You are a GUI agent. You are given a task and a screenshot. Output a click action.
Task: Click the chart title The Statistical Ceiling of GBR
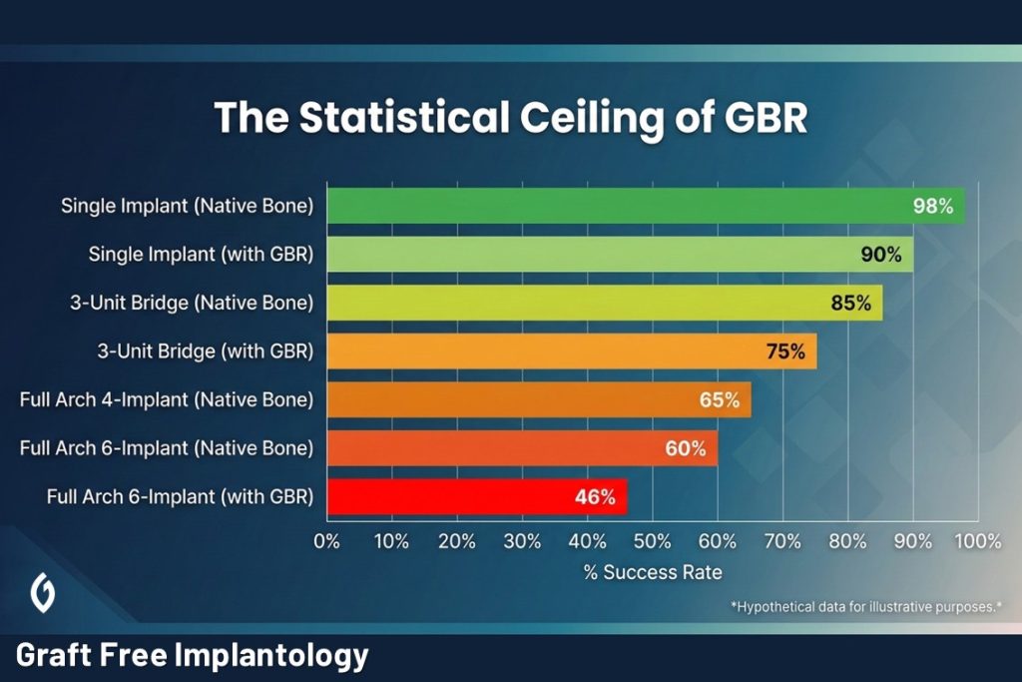tap(510, 117)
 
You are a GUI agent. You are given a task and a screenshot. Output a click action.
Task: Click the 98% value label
tap(933, 207)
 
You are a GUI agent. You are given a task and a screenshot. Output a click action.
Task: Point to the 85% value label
tap(850, 303)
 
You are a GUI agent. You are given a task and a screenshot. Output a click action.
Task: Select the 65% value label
tap(719, 400)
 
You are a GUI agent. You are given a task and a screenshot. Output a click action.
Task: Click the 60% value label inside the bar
tap(685, 448)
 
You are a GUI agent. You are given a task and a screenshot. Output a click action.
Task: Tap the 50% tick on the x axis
tap(652, 541)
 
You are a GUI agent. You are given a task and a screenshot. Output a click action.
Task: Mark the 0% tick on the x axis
tap(327, 541)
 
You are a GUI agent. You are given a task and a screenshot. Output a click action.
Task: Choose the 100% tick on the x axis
tap(977, 541)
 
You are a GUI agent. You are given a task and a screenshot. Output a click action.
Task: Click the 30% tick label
tap(522, 541)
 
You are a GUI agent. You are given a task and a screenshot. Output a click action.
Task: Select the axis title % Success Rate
tap(652, 573)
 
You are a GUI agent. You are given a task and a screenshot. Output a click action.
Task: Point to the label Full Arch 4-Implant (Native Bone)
tap(167, 400)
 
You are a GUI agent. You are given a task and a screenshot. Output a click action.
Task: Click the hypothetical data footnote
tap(866, 606)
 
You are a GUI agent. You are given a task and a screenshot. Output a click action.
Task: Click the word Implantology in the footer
tap(271, 656)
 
